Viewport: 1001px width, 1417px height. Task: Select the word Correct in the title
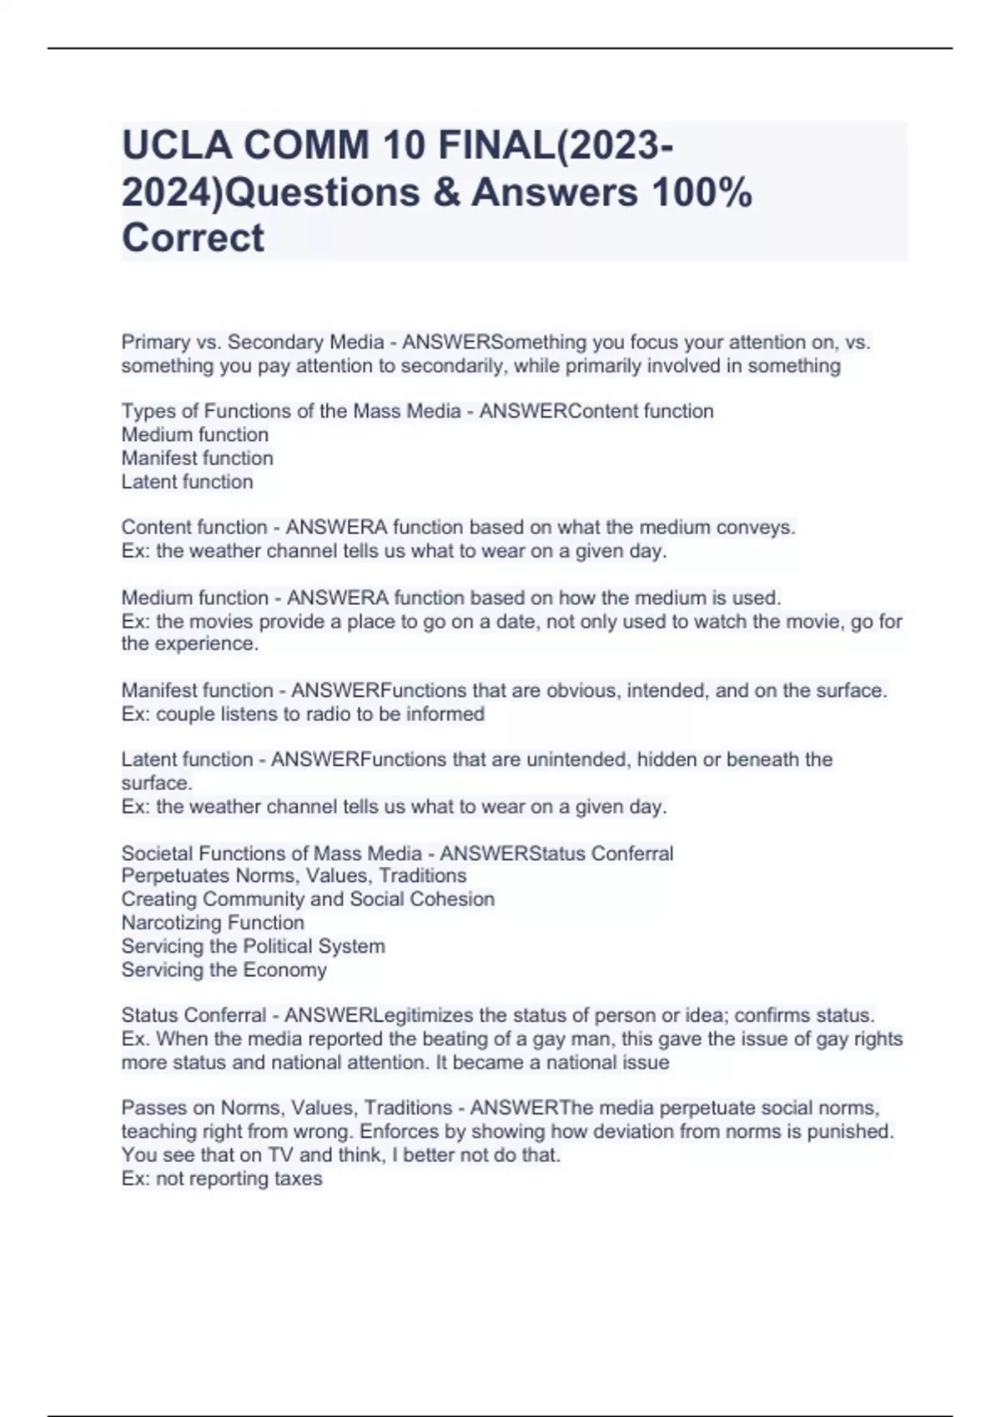pos(193,238)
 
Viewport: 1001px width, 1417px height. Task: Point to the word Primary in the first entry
pos(155,343)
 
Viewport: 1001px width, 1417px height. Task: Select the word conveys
pos(759,528)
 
